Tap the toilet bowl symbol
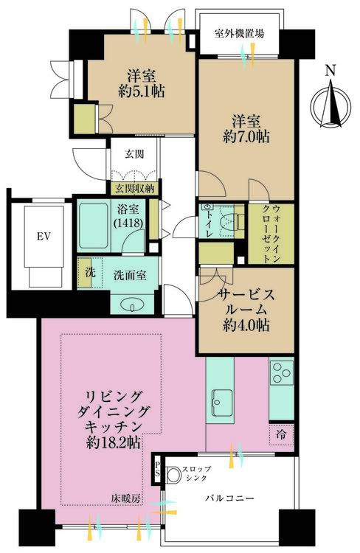click(233, 220)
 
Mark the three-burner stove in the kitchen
click(283, 374)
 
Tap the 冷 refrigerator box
click(282, 434)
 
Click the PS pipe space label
click(159, 466)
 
